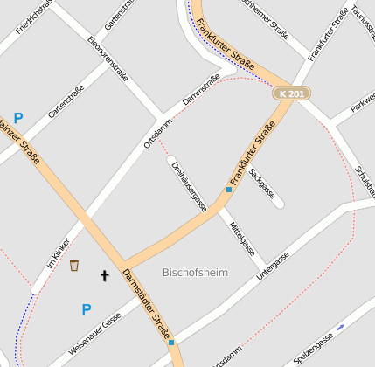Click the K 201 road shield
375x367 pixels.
point(290,93)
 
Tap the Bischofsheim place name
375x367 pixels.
point(195,273)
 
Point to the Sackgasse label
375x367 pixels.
point(262,183)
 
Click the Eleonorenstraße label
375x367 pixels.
point(108,59)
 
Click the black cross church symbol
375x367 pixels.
point(105,276)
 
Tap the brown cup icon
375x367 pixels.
point(74,265)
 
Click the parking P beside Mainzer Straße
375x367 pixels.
point(18,118)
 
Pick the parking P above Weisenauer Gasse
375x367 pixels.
point(86,309)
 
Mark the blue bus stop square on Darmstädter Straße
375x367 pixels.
point(171,342)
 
